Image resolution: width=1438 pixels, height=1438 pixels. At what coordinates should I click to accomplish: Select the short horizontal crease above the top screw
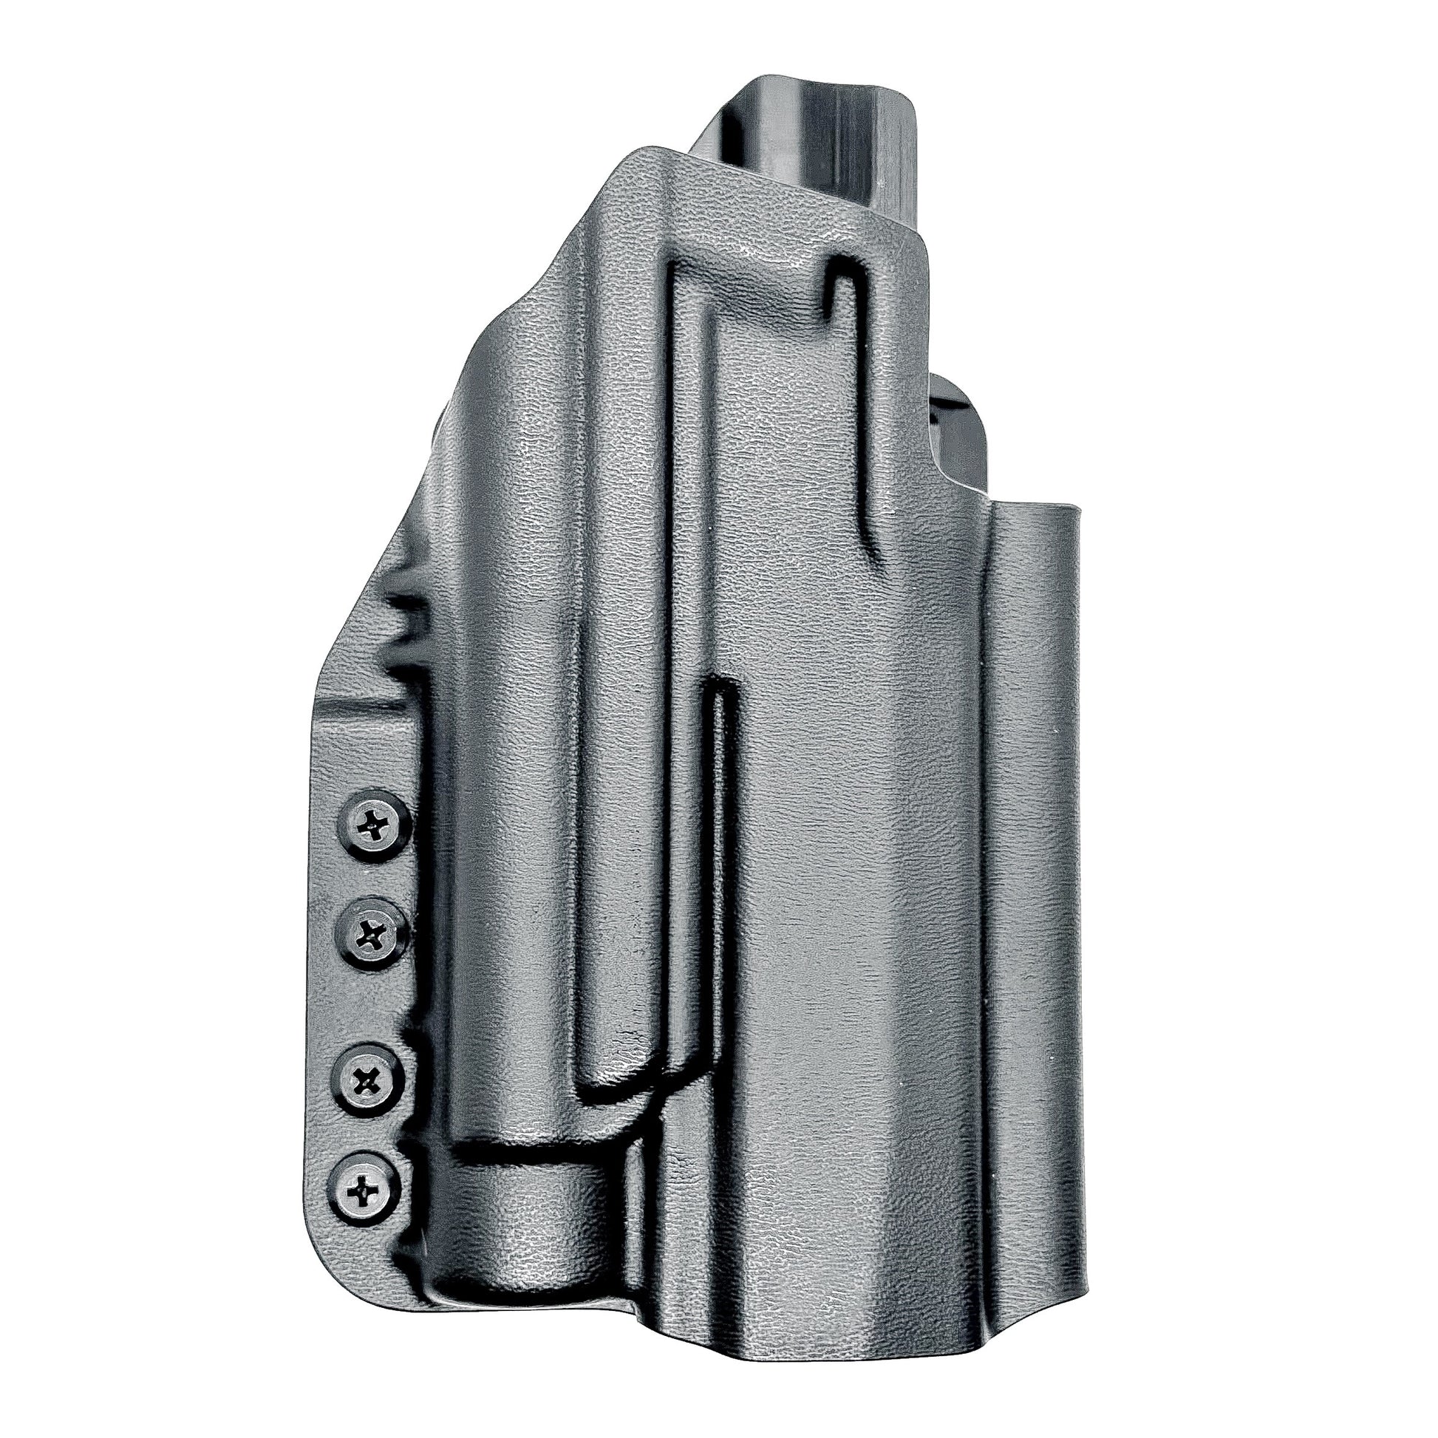[365, 715]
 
